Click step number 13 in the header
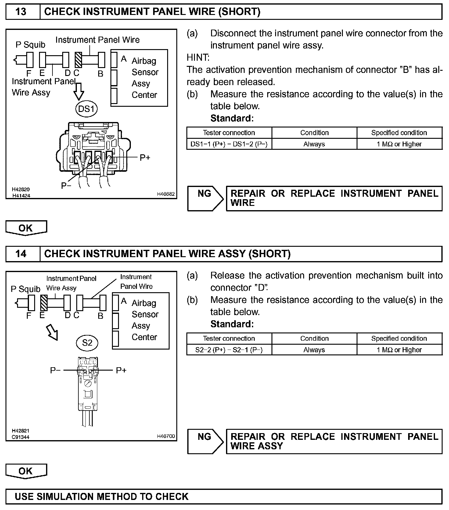click(x=21, y=12)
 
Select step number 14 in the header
click(x=21, y=254)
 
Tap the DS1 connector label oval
click(x=86, y=109)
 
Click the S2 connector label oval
click(x=87, y=343)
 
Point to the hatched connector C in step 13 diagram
click(x=78, y=60)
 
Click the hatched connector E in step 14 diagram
click(x=44, y=303)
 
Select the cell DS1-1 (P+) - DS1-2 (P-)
click(x=229, y=144)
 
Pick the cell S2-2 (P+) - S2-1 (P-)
click(x=229, y=350)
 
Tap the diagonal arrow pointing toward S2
click(x=52, y=332)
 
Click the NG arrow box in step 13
click(x=205, y=199)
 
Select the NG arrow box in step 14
click(x=205, y=441)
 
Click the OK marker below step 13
click(x=26, y=228)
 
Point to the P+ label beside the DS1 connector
click(x=145, y=158)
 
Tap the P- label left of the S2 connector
click(x=55, y=370)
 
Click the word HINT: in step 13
click(x=198, y=57)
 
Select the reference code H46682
click(x=166, y=194)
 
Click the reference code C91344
click(x=21, y=437)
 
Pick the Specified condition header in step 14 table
click(x=399, y=338)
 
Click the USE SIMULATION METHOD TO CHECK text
click(x=102, y=497)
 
